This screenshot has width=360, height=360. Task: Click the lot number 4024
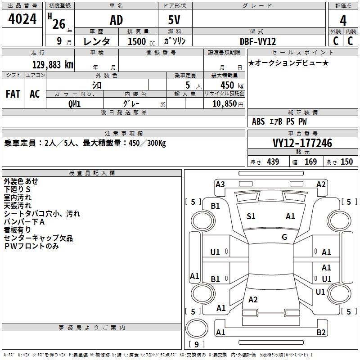point(22,19)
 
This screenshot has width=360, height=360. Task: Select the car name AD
point(116,20)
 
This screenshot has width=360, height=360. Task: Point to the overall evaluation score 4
point(343,20)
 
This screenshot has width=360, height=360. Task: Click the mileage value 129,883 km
point(53,64)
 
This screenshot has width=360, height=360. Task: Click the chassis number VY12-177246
point(302,143)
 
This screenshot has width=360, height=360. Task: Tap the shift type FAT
point(13,94)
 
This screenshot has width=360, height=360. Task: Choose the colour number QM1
point(75,103)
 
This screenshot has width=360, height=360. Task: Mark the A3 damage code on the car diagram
point(220,184)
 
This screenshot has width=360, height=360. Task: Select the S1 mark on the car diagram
point(251,216)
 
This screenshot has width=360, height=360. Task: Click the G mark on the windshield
point(284,237)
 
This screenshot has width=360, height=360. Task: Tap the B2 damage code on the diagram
point(321,333)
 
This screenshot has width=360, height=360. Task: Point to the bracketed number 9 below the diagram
point(196,344)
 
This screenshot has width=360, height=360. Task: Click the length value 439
point(273,162)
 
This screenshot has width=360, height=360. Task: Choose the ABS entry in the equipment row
point(258,121)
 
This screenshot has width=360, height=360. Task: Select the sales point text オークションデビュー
point(288,63)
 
